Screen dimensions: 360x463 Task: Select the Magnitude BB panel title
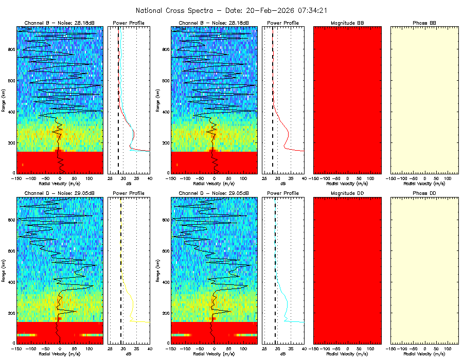click(347, 23)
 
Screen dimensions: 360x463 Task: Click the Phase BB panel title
click(424, 23)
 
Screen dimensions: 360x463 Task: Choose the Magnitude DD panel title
click(347, 193)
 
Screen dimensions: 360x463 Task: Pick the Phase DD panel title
click(424, 193)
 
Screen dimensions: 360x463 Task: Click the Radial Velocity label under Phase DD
click(424, 354)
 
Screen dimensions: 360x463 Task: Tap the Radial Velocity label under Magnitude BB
click(347, 183)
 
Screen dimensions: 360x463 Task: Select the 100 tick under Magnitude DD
click(370, 348)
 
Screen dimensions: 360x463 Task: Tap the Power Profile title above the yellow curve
click(129, 193)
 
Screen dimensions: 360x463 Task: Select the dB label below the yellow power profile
click(129, 354)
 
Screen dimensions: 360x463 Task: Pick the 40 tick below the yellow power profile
click(149, 348)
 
